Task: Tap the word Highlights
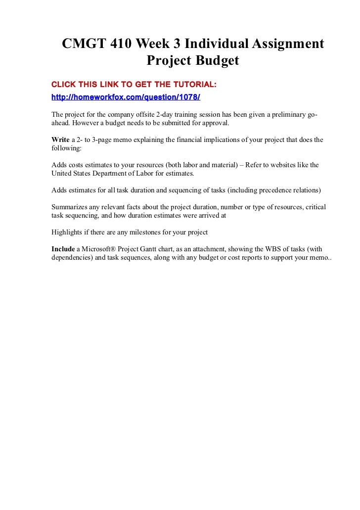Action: (68, 232)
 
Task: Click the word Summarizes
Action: (72, 207)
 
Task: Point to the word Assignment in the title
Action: (282, 44)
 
